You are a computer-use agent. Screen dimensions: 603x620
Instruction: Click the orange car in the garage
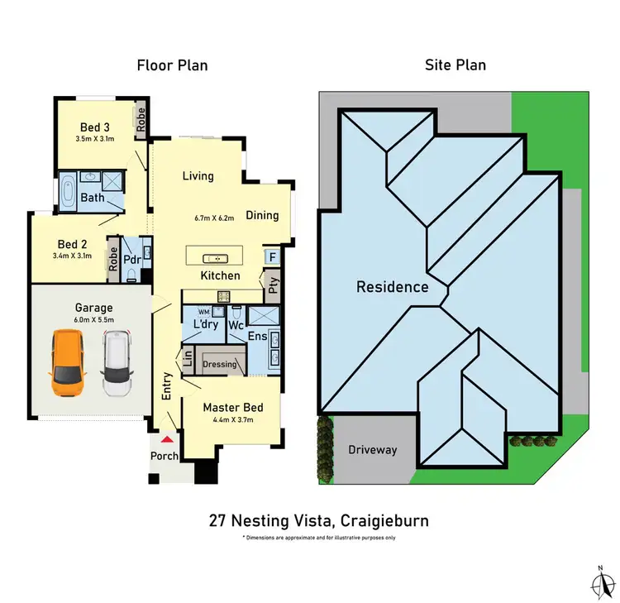[x=67, y=362]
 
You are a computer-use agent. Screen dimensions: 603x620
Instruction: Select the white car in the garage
[x=117, y=362]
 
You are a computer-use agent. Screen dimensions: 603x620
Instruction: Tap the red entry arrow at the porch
[x=168, y=441]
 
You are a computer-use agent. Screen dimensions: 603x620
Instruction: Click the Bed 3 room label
[x=94, y=127]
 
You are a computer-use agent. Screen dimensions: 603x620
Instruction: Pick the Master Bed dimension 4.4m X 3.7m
[x=234, y=421]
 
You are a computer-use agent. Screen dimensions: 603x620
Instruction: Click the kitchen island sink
[x=219, y=255]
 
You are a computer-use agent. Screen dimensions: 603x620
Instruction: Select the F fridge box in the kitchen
[x=272, y=257]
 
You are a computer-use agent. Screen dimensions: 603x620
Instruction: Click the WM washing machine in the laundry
[x=217, y=311]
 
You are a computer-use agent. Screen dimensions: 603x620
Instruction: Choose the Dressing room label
[x=219, y=364]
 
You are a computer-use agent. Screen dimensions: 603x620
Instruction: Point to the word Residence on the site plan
[x=392, y=287]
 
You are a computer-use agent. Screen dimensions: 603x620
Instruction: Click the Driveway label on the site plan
[x=372, y=450]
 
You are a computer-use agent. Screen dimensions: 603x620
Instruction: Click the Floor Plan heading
[x=172, y=65]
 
